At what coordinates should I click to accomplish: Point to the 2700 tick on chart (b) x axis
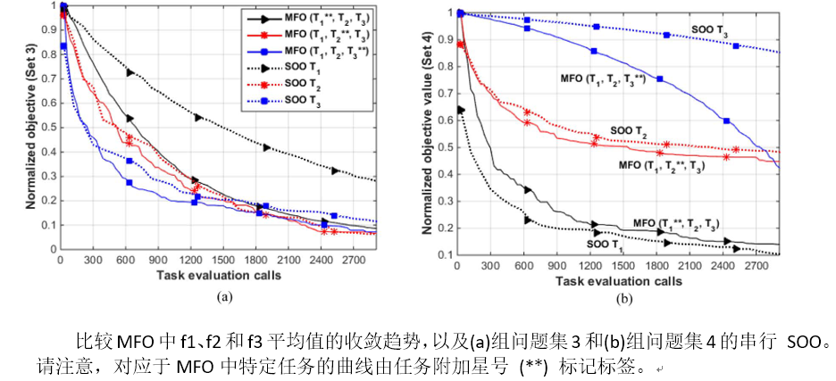pyautogui.click(x=764, y=266)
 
